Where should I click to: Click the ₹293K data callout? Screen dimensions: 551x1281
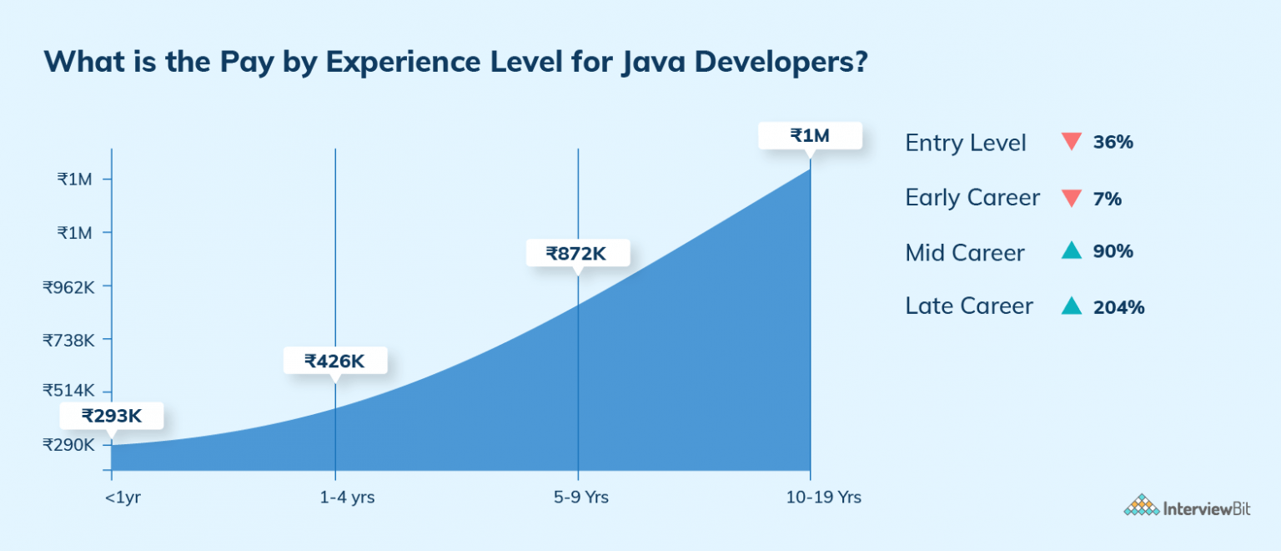(x=112, y=416)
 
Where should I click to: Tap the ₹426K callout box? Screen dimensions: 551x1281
(x=334, y=361)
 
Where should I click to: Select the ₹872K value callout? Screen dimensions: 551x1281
(x=577, y=253)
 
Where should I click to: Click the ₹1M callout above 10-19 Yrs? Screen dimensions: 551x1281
(x=809, y=135)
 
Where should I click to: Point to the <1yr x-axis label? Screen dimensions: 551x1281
(x=123, y=498)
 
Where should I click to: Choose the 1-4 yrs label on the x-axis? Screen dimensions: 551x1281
(x=346, y=498)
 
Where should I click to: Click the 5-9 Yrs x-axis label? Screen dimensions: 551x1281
(x=580, y=498)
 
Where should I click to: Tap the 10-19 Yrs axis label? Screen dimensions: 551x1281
(x=823, y=498)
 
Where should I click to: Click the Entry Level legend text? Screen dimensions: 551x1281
(x=966, y=143)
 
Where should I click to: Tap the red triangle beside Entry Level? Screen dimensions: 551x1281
(x=1072, y=142)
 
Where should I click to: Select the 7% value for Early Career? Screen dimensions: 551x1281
(x=1107, y=199)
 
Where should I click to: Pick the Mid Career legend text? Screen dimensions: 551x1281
(x=965, y=253)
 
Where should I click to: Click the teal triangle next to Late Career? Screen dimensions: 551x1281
(x=1072, y=306)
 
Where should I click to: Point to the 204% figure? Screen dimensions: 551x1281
(x=1118, y=307)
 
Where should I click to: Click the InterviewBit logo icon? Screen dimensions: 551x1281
(x=1141, y=506)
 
